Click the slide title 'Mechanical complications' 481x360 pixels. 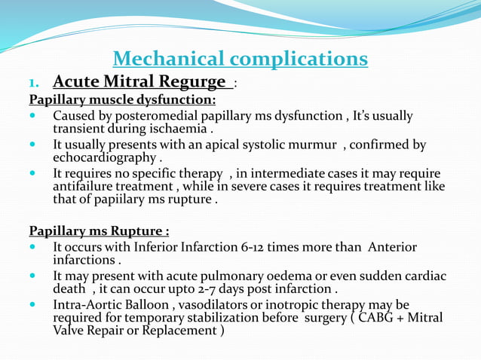click(240, 59)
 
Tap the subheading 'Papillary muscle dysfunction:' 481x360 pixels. click(122, 99)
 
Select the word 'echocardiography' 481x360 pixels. click(104, 157)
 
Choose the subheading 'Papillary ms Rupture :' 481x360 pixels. click(99, 230)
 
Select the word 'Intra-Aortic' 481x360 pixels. click(90, 306)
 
